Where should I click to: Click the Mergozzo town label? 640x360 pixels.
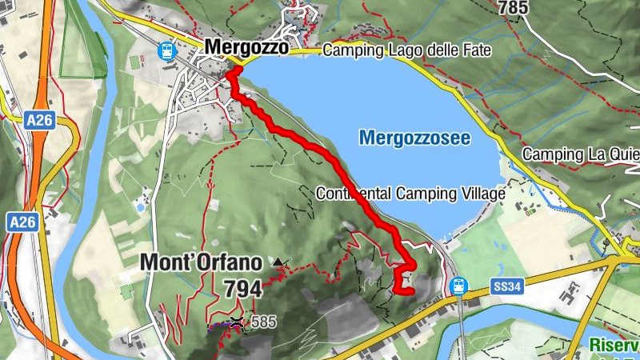(246, 47)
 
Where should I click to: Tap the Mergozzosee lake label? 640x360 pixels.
(414, 138)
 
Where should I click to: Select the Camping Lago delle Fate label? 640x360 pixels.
(406, 50)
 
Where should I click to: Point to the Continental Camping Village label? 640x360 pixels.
(410, 194)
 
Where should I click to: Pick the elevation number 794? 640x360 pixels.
(242, 288)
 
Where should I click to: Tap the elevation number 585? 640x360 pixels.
(263, 322)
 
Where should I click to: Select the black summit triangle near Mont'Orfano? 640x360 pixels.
(278, 262)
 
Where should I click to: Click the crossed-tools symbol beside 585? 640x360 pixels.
(237, 322)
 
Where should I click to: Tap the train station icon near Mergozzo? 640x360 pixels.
(167, 50)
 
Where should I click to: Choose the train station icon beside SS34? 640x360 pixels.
(458, 285)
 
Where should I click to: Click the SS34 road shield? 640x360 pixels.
(502, 285)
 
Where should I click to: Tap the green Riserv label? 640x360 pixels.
(614, 346)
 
